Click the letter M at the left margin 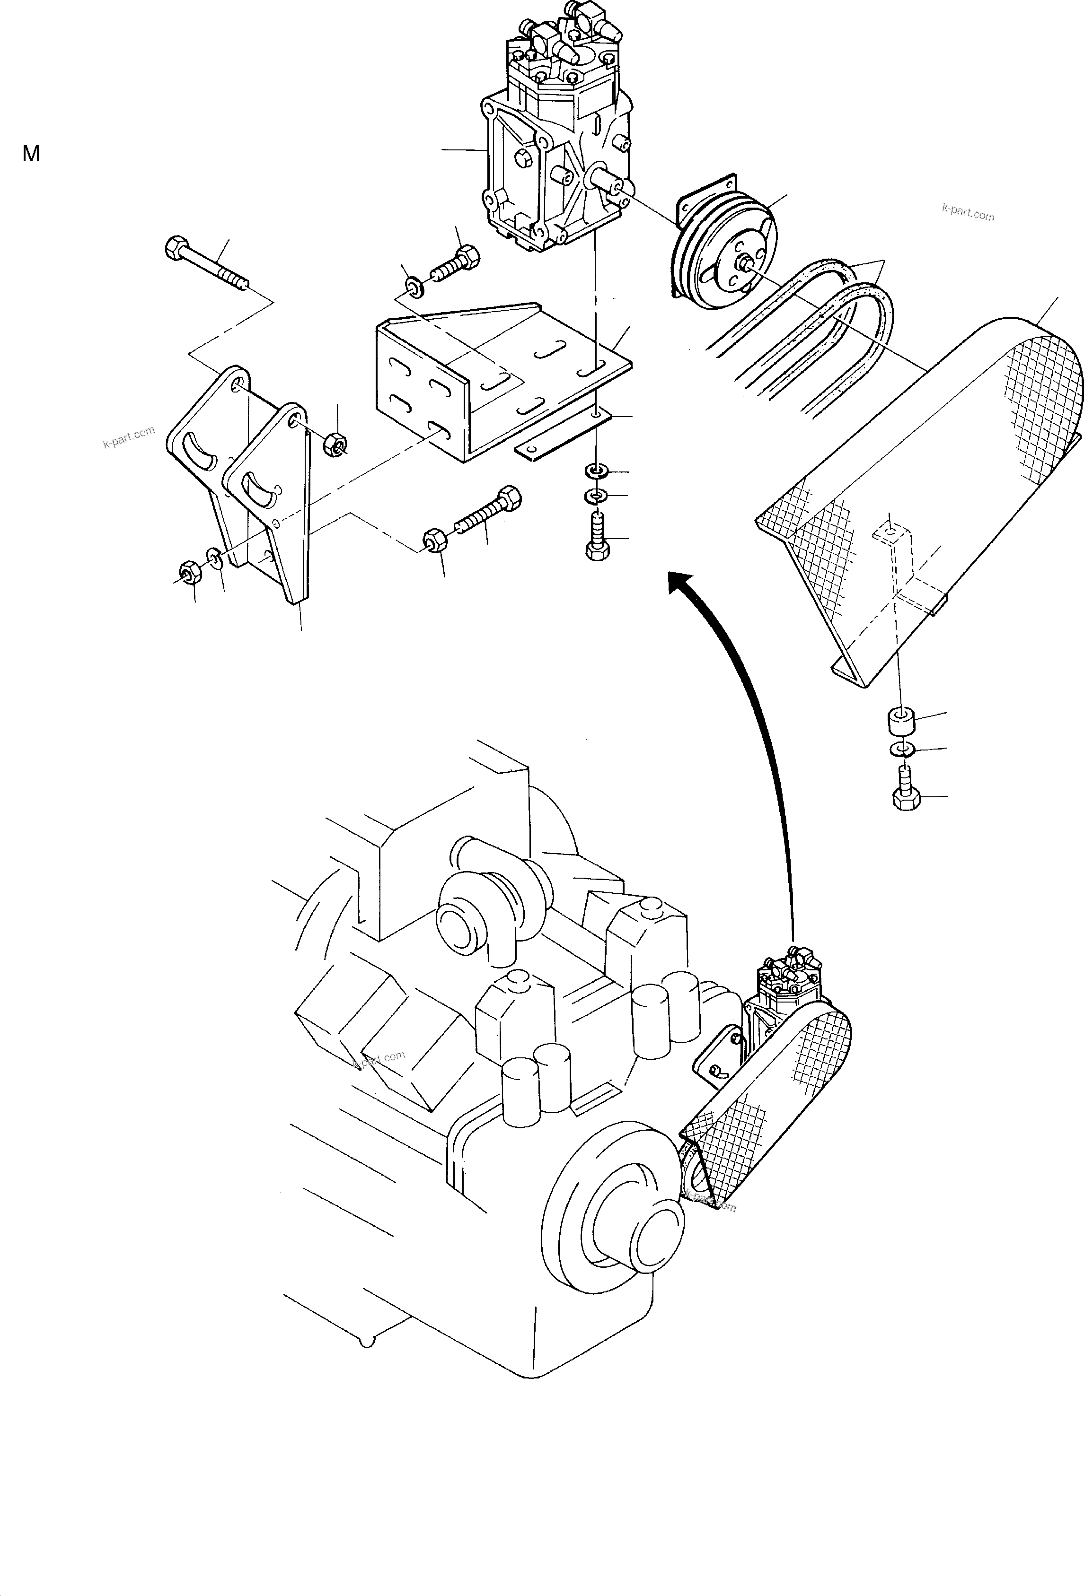[31, 154]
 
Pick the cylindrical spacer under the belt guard [898, 722]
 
